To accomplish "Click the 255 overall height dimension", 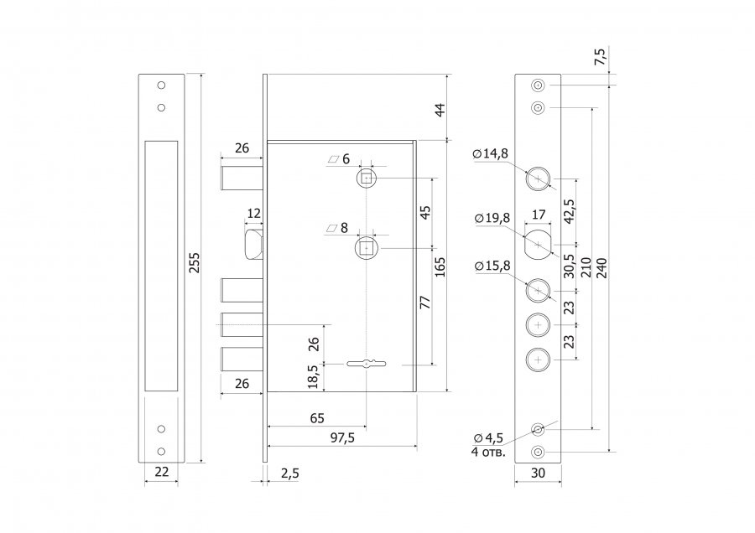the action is [x=194, y=262].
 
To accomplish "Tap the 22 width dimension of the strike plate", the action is [x=162, y=472].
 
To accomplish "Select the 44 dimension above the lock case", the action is [x=440, y=110].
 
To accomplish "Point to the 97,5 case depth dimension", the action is [x=342, y=437].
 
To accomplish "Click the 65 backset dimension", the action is [x=317, y=418].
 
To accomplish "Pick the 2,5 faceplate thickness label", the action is [x=289, y=473].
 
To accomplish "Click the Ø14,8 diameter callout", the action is [x=490, y=153].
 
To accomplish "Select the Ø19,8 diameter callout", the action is [x=492, y=218].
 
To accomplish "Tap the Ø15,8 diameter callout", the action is [x=492, y=266].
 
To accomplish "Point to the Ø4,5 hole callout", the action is [x=488, y=437].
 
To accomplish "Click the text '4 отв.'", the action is [x=488, y=453].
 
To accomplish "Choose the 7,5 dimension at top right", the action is [x=601, y=56].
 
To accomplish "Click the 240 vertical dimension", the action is [x=601, y=268].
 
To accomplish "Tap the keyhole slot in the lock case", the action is [x=366, y=365].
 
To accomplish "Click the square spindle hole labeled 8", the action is [x=367, y=248].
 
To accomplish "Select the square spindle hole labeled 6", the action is [x=367, y=179].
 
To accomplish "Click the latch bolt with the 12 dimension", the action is [x=255, y=245].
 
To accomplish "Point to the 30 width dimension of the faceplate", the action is [x=538, y=473].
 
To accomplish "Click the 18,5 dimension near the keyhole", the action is [x=313, y=376].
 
